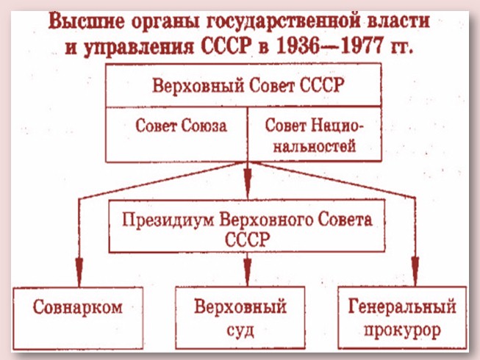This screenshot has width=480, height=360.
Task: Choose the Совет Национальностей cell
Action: tap(314, 134)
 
